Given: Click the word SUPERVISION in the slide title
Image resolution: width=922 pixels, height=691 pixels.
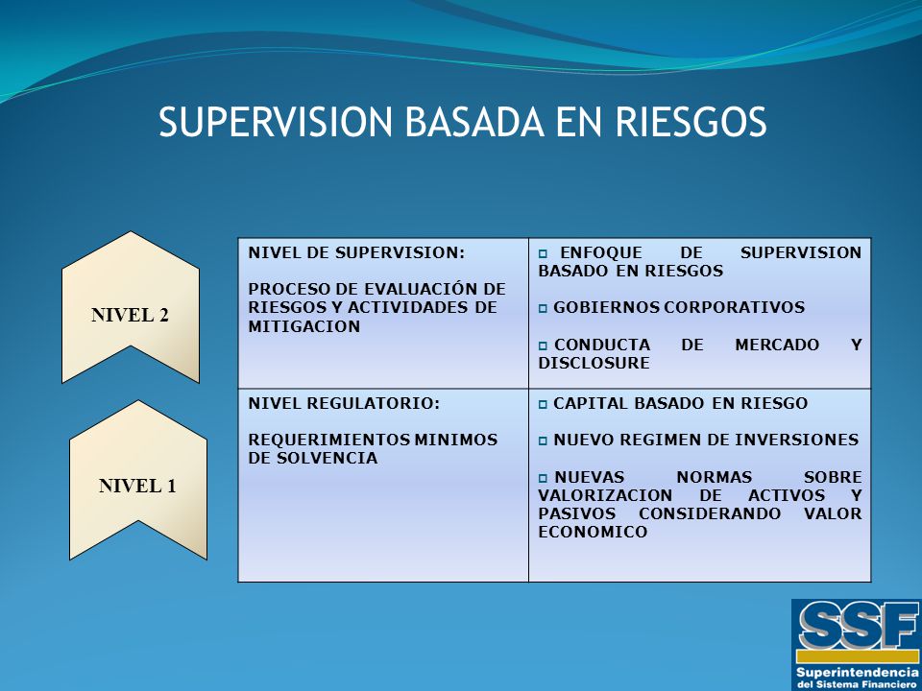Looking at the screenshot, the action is point(276,122).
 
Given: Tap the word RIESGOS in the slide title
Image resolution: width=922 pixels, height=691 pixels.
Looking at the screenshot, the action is point(691,122).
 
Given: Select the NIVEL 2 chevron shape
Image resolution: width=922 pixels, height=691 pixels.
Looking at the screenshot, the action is point(131,307).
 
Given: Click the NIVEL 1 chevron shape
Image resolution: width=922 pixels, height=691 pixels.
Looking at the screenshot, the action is point(138,480).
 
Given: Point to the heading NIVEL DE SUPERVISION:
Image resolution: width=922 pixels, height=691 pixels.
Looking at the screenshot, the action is point(356,253).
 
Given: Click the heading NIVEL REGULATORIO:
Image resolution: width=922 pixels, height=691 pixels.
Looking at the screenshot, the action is point(344,404).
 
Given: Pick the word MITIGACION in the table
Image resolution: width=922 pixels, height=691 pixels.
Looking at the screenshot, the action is point(304,326).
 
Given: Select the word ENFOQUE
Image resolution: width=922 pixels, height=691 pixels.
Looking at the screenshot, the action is point(601,253).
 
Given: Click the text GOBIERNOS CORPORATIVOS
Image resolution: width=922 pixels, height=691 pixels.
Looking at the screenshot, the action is point(679,307).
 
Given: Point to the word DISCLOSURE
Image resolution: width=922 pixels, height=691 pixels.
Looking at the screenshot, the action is point(594,363).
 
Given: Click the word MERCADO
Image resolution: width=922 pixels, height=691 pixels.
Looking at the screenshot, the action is point(777,345).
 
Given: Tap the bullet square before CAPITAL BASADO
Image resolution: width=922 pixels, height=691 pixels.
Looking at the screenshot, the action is point(543,405).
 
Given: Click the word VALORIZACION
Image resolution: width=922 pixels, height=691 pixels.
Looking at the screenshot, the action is point(605,495).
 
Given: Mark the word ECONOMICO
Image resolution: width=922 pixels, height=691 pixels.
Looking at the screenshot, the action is point(593,533).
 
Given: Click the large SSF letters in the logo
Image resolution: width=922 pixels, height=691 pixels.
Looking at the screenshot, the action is point(856,626).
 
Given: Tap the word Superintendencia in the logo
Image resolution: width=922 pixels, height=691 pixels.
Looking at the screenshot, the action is point(856,672).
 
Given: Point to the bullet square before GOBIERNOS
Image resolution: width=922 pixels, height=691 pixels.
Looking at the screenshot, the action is point(543,308).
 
